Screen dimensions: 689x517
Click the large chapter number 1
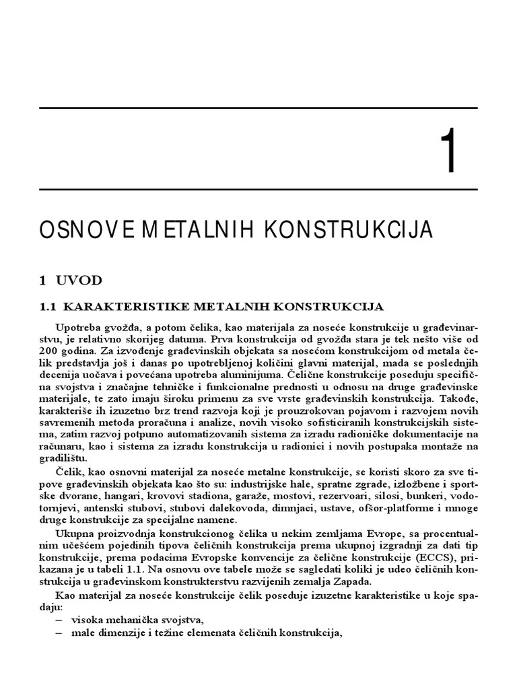point(449,153)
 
